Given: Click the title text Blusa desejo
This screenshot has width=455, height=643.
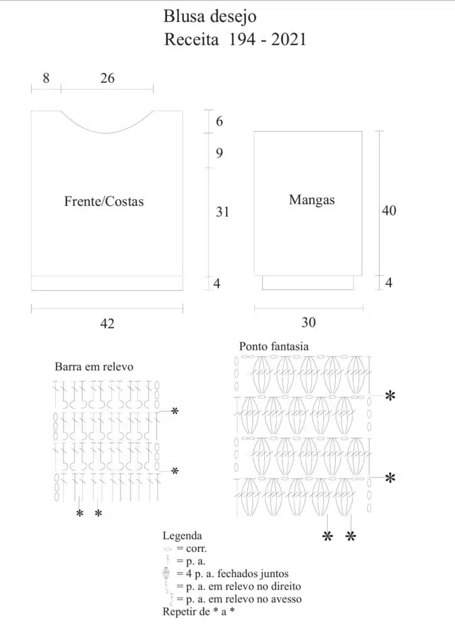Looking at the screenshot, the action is click(x=210, y=17).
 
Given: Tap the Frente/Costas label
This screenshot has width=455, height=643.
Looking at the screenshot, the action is click(x=104, y=202).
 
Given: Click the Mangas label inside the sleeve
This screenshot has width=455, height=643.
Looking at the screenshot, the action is click(x=311, y=200).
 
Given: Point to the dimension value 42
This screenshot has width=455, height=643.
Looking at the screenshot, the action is click(x=107, y=323).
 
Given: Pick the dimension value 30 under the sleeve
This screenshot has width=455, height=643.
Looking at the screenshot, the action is click(x=309, y=322).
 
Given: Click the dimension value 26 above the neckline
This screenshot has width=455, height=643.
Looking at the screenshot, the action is click(x=107, y=78).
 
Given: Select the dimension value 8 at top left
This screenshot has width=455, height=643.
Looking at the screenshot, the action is click(x=46, y=78).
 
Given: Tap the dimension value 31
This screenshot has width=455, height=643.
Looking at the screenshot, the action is click(x=223, y=212).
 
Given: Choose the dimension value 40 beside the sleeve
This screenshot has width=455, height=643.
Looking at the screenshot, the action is click(x=389, y=210).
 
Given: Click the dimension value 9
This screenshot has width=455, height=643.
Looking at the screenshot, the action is click(x=220, y=153).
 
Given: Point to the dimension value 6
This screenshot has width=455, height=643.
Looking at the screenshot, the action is click(x=220, y=121).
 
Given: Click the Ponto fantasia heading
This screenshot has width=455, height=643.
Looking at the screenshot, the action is click(x=274, y=347).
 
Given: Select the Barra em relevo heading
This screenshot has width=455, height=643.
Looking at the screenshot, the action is click(x=94, y=366).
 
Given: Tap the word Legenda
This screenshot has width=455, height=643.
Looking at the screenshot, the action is click(x=183, y=536).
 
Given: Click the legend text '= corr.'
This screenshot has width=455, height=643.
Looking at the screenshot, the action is click(x=192, y=549).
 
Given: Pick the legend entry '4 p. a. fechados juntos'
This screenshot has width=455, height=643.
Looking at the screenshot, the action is click(x=237, y=574).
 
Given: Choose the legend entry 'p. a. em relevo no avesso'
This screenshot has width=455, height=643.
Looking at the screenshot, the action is click(x=244, y=599).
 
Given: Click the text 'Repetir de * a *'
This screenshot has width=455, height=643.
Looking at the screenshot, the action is click(x=199, y=612).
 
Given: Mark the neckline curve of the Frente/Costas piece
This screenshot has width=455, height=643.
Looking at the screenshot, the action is click(x=107, y=133).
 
